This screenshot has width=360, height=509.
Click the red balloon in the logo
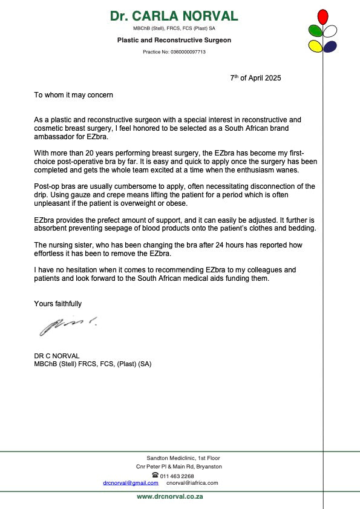[323, 16]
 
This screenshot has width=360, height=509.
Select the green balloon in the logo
[315, 30]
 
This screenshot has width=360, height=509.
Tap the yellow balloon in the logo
[315, 45]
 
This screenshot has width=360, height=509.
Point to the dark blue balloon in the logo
[330, 46]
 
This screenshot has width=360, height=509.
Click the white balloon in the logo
[330, 30]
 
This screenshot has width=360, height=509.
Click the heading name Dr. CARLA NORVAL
[174, 16]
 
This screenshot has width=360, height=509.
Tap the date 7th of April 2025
[255, 78]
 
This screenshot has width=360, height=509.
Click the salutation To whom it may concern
[73, 95]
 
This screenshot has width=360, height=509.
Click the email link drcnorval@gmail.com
[131, 483]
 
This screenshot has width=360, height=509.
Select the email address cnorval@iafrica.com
[192, 483]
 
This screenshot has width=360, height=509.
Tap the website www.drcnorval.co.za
[169, 496]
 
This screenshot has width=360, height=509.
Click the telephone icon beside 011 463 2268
[155, 475]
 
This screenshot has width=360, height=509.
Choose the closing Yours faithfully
[58, 304]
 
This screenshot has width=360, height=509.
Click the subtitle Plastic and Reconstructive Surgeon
[174, 40]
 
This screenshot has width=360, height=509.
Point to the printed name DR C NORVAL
[57, 355]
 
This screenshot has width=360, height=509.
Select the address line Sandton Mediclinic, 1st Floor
[183, 458]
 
